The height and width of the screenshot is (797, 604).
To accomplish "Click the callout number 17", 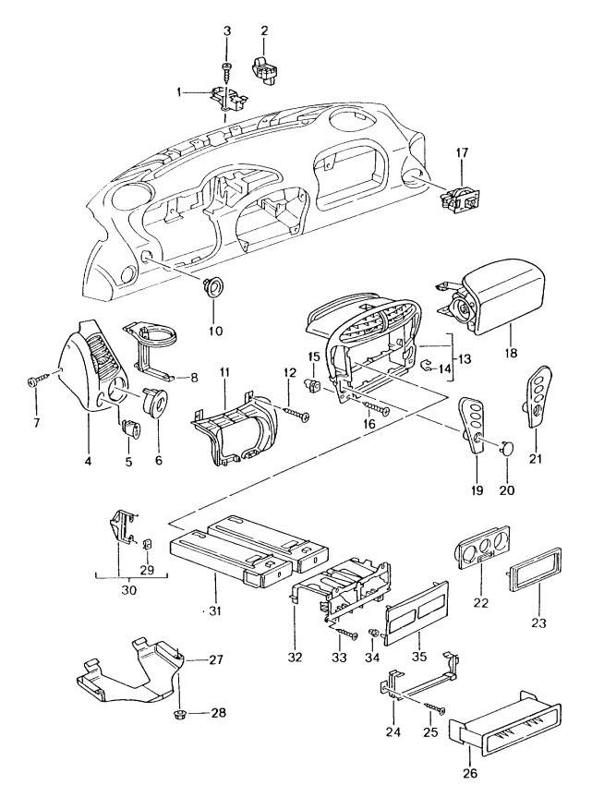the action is [462, 152].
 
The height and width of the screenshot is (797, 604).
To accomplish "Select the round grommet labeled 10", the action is [213, 286].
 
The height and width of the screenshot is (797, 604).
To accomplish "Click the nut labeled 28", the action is [180, 713].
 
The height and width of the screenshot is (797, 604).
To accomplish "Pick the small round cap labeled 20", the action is [506, 448].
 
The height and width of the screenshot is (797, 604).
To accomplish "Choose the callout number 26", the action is [470, 774].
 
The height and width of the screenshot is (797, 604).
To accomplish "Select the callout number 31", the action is [215, 611].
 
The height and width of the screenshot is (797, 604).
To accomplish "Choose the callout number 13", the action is [465, 359].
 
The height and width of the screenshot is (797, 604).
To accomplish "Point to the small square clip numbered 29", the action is [147, 543].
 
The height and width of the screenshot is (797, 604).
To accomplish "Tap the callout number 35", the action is [419, 657].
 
